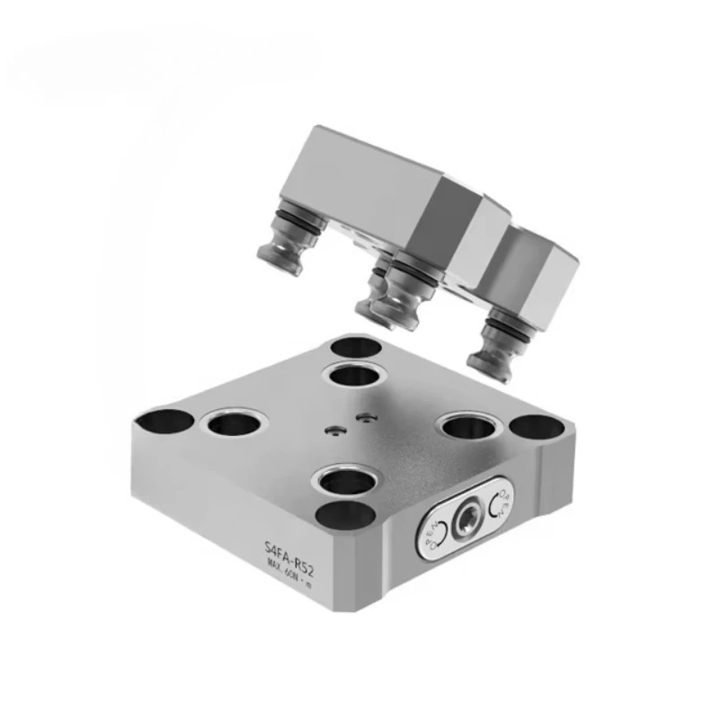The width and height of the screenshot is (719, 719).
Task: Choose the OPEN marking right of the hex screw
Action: (503, 507)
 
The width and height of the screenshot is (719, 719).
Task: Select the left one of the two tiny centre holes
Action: (335, 431)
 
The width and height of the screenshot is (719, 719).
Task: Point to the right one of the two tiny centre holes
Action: (364, 416)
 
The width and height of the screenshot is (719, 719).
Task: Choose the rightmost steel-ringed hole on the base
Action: (469, 425)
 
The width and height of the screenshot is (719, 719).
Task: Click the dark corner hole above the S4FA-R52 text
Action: (348, 519)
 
